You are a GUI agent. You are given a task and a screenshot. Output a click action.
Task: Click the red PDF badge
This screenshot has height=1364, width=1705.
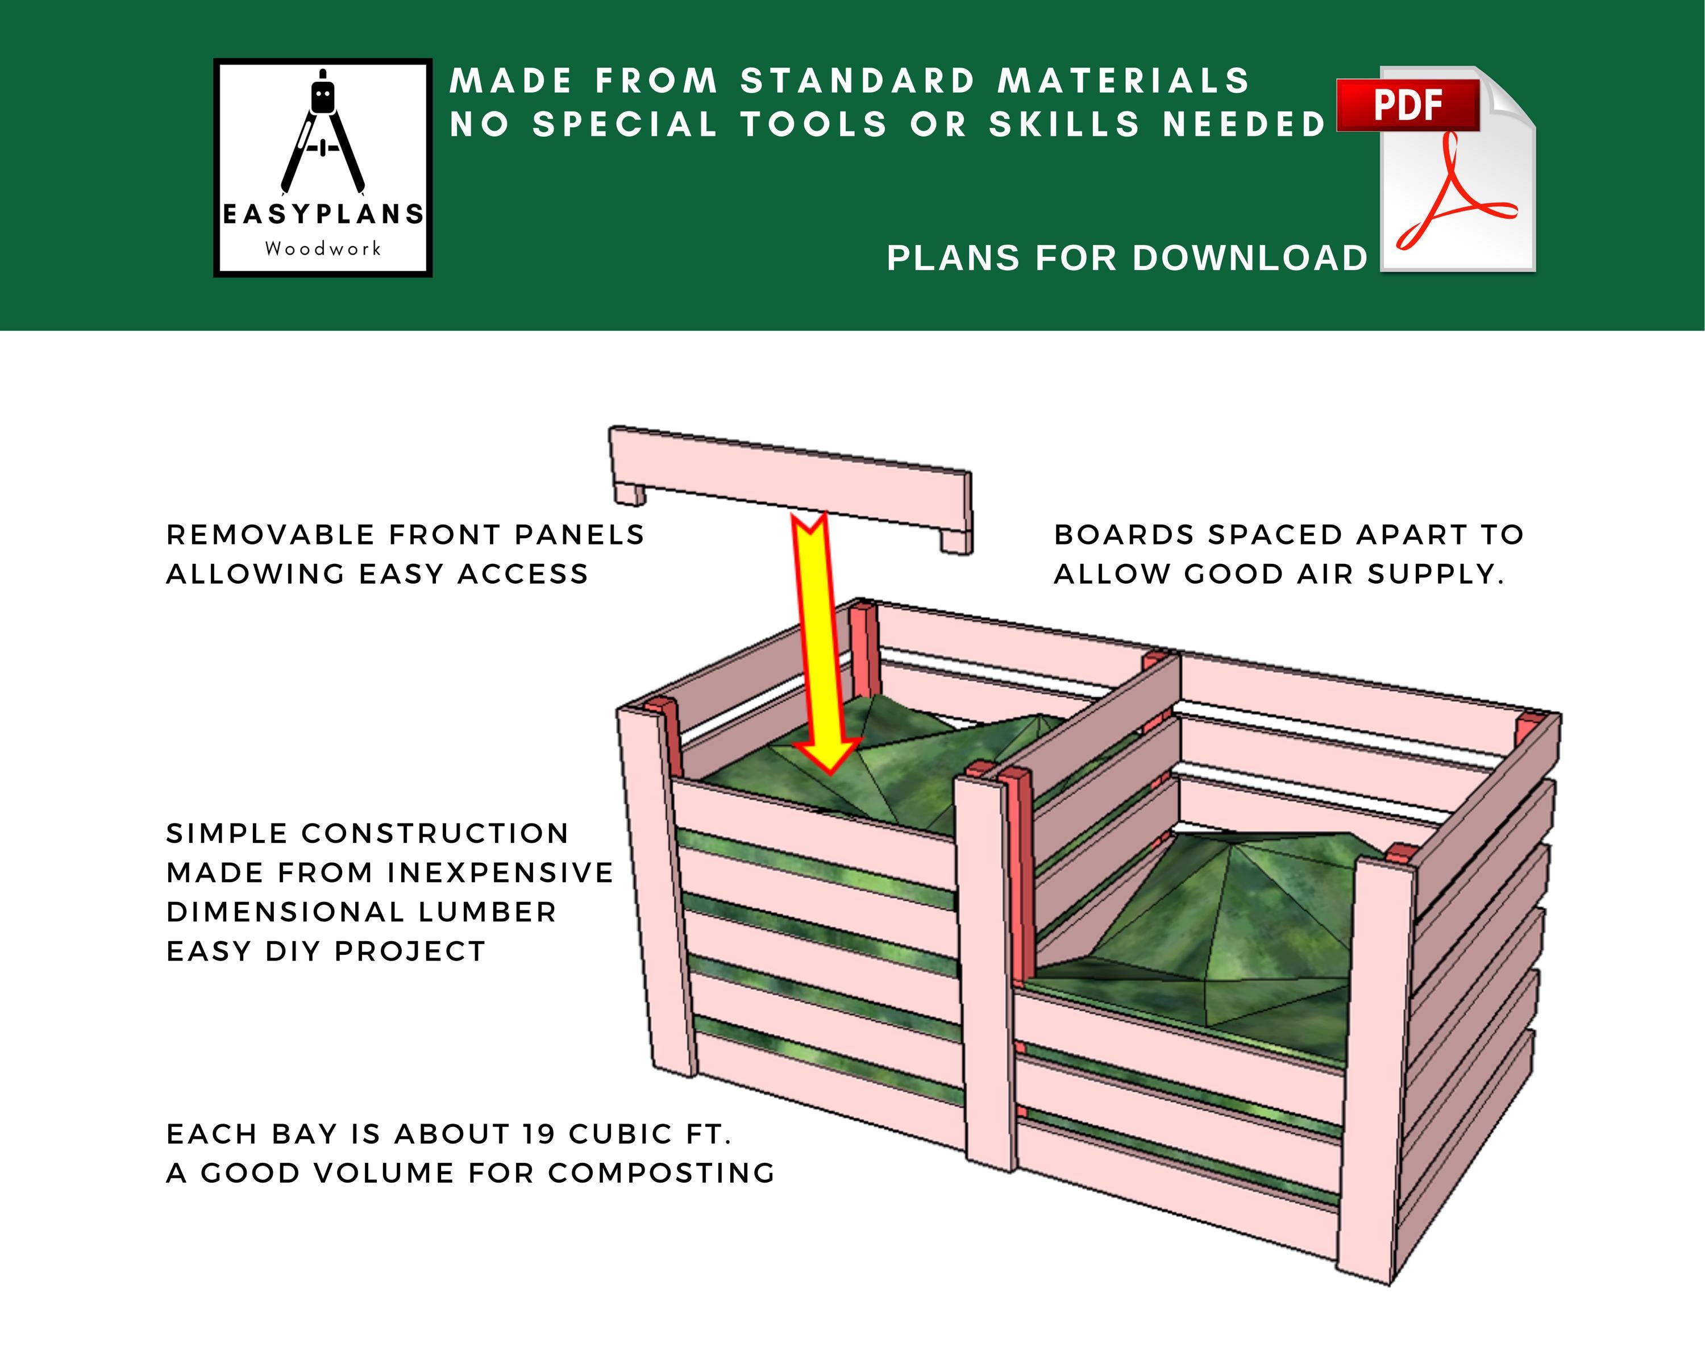(1408, 105)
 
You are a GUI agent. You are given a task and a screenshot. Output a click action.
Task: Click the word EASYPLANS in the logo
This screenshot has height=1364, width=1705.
(323, 214)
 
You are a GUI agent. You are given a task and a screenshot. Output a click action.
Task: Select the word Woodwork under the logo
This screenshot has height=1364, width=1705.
(323, 248)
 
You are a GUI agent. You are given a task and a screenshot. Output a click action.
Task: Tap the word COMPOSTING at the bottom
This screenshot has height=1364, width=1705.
(661, 1172)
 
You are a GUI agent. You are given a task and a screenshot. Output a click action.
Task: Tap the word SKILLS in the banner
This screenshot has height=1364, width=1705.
(1064, 124)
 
